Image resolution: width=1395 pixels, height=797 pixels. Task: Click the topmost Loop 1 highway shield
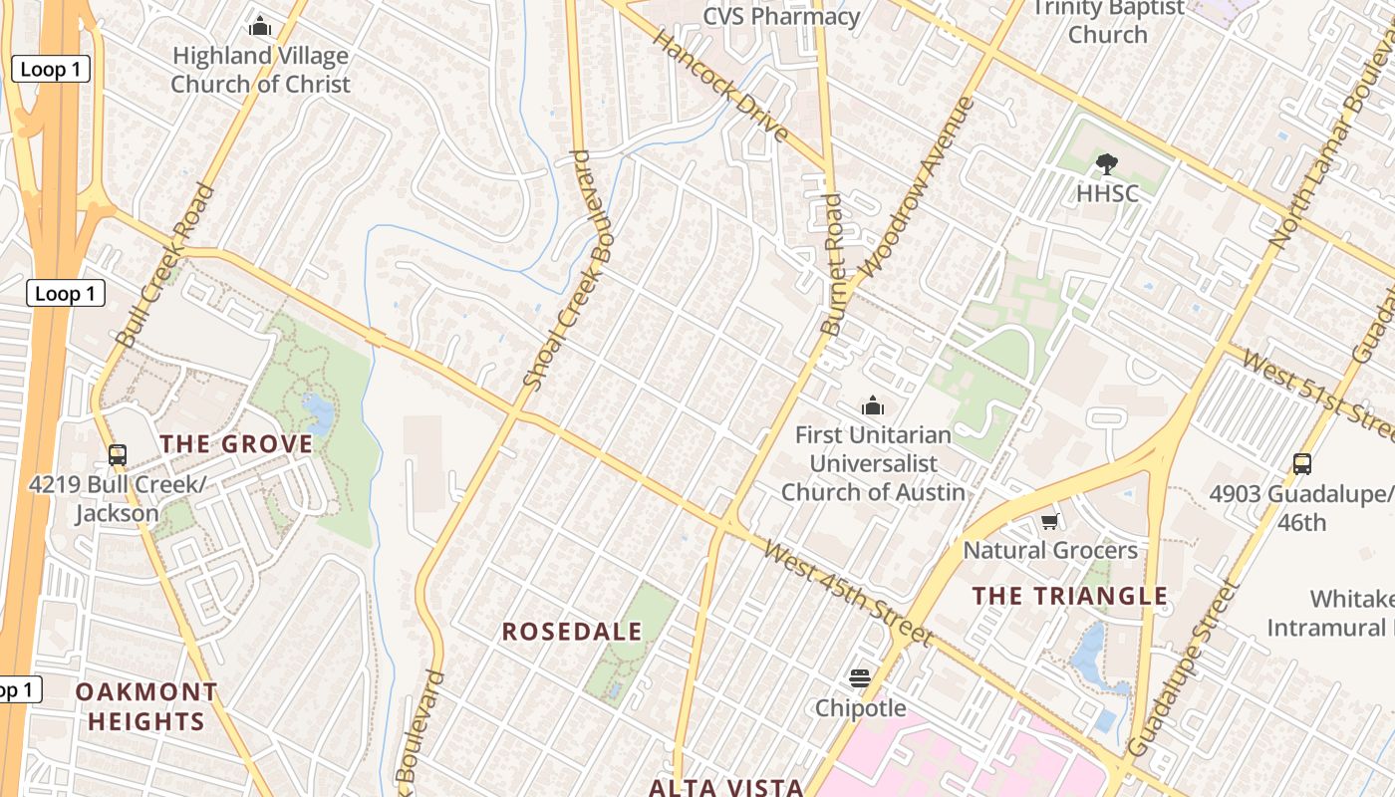(51, 69)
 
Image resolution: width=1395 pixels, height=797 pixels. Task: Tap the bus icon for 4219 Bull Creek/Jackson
(118, 455)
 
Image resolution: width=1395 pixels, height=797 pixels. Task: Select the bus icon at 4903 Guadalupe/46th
(1301, 463)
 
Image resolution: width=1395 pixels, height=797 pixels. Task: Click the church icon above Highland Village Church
(260, 26)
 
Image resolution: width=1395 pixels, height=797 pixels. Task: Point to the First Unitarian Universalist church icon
(873, 405)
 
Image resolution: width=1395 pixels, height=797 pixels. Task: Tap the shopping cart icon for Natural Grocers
(1049, 522)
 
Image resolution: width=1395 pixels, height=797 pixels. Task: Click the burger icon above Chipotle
(860, 679)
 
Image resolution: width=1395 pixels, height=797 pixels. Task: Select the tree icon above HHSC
(1106, 164)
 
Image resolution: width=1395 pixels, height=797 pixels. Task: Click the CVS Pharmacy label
(781, 17)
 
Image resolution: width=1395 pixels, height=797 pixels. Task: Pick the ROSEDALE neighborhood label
(572, 632)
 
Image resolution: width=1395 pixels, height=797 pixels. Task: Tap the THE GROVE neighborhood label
(236, 444)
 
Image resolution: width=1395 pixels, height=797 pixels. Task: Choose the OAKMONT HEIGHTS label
(146, 706)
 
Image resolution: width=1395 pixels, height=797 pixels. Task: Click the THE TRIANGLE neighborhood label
(1069, 596)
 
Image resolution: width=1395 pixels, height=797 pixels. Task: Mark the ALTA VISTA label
(725, 787)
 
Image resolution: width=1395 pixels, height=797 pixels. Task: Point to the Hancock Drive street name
(721, 86)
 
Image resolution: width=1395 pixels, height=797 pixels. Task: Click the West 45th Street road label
(847, 592)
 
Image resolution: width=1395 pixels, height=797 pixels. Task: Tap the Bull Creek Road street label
(165, 265)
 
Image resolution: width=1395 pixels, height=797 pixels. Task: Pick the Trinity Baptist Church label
(1108, 21)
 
